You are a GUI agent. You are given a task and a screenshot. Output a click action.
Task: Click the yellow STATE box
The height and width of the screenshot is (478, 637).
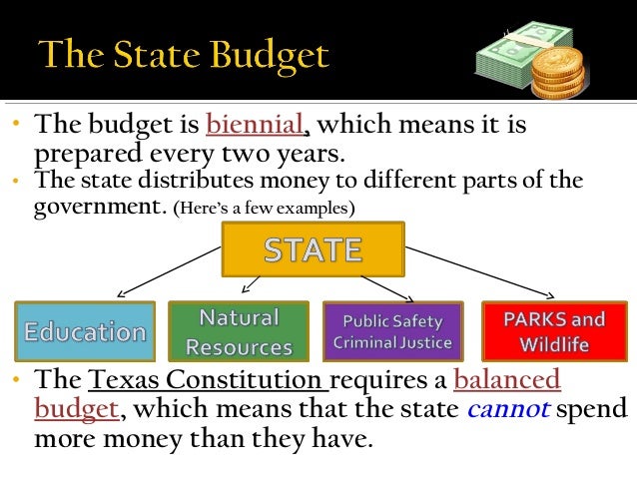tap(313, 248)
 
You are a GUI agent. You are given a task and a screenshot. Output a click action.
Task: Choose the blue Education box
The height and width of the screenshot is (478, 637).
tap(84, 331)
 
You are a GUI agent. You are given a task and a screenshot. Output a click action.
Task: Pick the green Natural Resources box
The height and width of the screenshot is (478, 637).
tap(238, 331)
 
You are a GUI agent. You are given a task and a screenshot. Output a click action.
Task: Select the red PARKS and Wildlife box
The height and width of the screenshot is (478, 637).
tap(553, 331)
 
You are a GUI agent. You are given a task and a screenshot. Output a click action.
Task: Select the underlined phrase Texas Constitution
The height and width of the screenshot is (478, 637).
tap(208, 380)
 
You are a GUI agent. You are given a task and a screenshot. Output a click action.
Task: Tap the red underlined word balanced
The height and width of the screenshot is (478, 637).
tap(507, 380)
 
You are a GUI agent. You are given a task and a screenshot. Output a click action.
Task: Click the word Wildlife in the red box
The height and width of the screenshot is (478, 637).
tap(553, 345)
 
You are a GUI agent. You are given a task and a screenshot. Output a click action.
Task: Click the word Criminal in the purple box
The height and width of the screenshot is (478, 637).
tap(363, 343)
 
